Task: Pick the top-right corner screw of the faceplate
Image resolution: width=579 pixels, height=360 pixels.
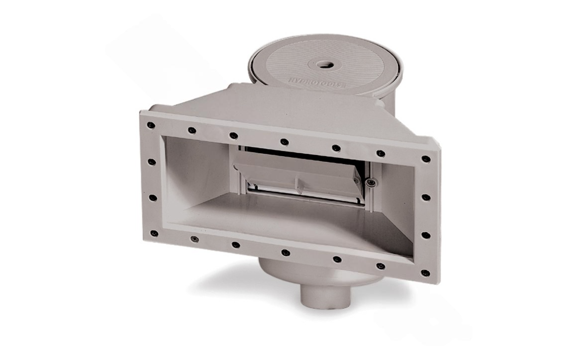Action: tap(426, 159)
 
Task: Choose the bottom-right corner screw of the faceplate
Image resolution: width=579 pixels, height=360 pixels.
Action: tap(425, 273)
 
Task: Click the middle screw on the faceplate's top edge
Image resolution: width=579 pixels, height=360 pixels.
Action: tap(284, 142)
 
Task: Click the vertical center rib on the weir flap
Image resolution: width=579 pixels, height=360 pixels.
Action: tap(298, 183)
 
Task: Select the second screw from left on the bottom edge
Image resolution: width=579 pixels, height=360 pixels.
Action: tap(194, 239)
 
